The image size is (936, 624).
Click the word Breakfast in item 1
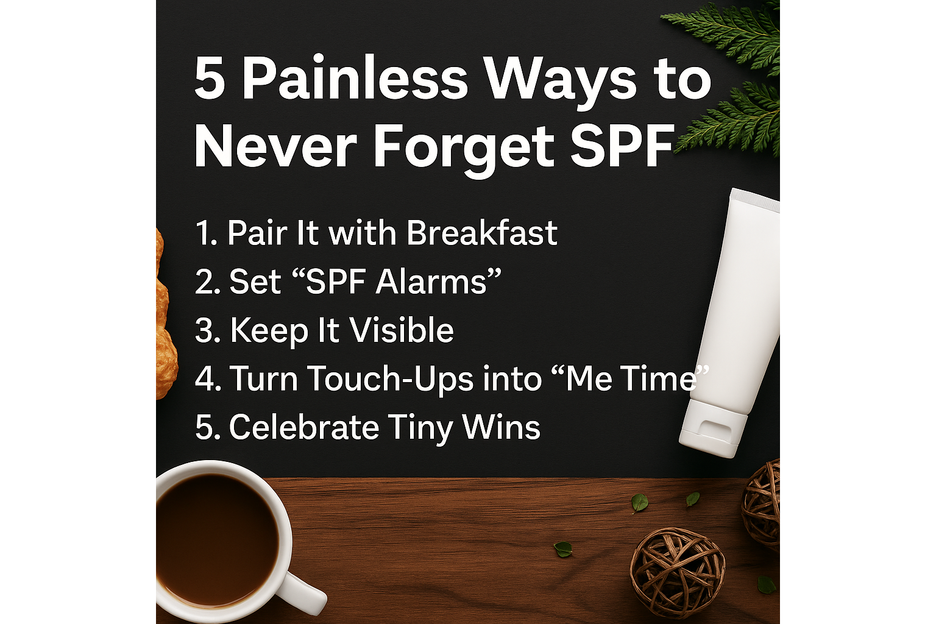pyautogui.click(x=482, y=232)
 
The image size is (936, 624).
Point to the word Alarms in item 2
pyautogui.click(x=431, y=282)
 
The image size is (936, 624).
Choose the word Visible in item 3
pyautogui.click(x=401, y=330)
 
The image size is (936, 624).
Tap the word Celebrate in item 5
pyautogui.click(x=304, y=427)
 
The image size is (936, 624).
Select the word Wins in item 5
pyautogui.click(x=501, y=427)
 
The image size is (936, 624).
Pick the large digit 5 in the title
pyautogui.click(x=210, y=78)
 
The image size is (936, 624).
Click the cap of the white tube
pyautogui.click(x=711, y=428)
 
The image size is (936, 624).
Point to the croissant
pyautogui.click(x=165, y=313)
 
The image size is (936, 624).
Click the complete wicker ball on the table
pyautogui.click(x=678, y=572)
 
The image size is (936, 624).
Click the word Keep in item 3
pyautogui.click(x=269, y=331)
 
